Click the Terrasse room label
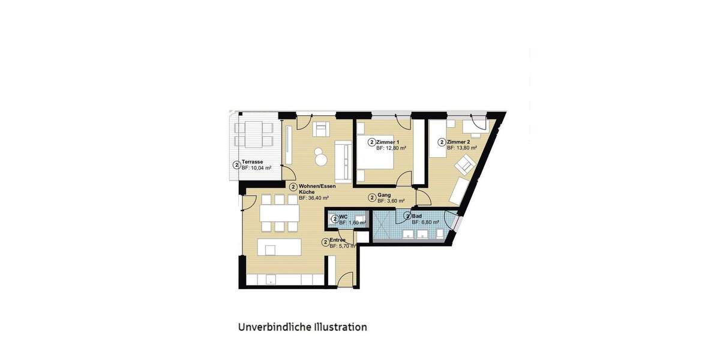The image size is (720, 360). [x=253, y=162]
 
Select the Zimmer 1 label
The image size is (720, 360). [x=389, y=142]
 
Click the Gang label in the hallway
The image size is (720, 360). [x=385, y=196]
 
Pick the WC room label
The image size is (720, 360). [x=344, y=217]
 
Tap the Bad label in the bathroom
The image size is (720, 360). [x=417, y=215]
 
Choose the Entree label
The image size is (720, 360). [x=338, y=241]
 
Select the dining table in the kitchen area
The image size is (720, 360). [x=279, y=213]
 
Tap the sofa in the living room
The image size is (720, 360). [x=343, y=160]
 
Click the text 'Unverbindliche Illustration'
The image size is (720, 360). [x=302, y=327]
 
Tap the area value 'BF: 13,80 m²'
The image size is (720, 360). [x=462, y=148]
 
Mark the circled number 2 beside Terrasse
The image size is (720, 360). [x=236, y=165]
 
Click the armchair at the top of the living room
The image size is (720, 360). [x=321, y=128]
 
